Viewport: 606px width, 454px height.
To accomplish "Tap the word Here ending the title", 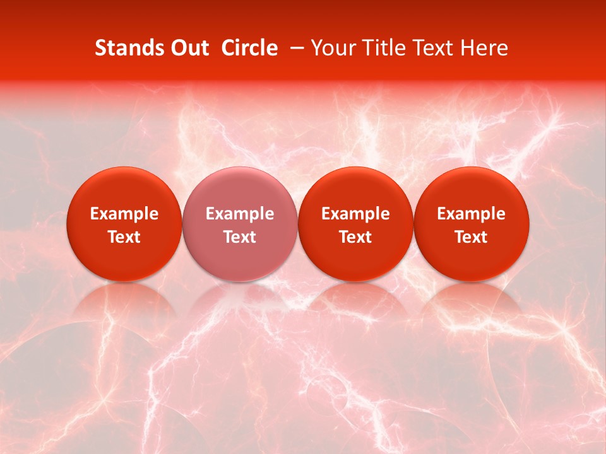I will click(485, 48).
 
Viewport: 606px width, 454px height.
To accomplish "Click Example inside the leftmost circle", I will click(124, 214).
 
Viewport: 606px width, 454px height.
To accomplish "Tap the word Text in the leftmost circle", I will click(124, 237).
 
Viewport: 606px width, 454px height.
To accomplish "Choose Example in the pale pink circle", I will click(240, 214).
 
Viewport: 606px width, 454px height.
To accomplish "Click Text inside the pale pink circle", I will click(240, 237).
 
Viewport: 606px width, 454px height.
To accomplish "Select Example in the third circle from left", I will click(355, 214).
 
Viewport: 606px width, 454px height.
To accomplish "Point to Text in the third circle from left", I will click(355, 237).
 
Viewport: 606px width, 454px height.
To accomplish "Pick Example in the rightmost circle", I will click(471, 214).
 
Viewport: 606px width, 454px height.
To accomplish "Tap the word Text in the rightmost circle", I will click(471, 237).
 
